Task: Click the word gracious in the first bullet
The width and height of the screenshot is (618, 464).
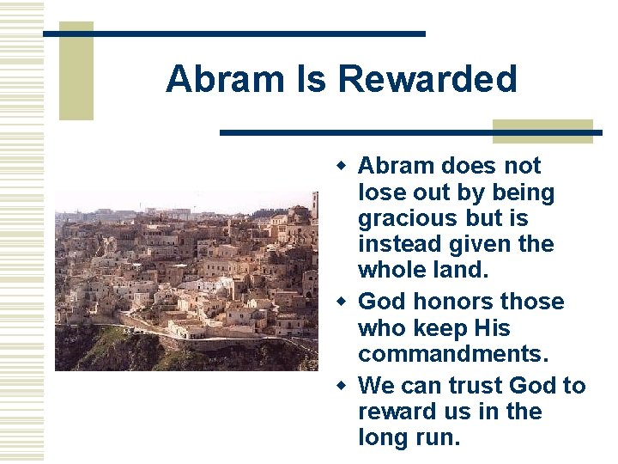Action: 407,219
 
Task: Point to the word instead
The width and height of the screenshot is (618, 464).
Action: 400,244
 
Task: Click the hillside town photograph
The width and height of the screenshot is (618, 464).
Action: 185,280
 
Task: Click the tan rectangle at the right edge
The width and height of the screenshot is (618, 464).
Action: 542,131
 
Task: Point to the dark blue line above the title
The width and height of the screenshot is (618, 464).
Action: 233,34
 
